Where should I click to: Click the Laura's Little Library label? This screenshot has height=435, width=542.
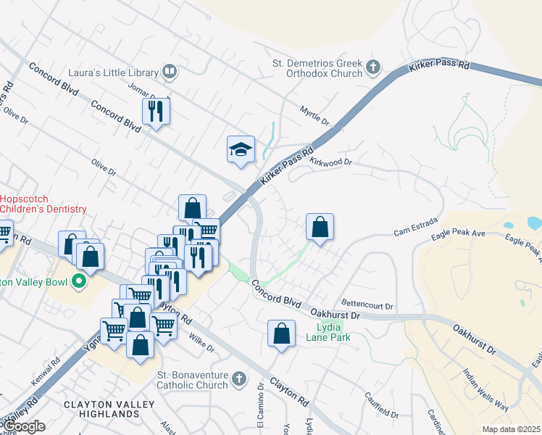tap(113, 72)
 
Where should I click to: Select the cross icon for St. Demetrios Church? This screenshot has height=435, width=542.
tap(373, 68)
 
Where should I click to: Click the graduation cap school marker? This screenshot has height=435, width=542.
tap(241, 149)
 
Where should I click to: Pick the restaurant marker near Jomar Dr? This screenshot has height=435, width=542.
tap(156, 111)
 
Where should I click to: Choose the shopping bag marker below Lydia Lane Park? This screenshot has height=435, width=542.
tap(282, 334)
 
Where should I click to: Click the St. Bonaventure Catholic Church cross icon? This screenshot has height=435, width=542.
tap(240, 378)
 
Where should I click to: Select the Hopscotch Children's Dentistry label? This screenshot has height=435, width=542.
tap(43, 204)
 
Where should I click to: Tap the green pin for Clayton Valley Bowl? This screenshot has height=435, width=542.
tap(80, 282)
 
